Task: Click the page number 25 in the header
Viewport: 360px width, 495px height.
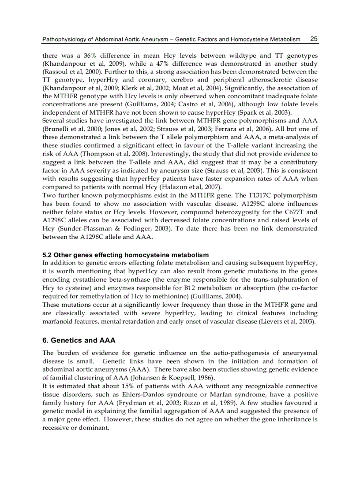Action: [x=314, y=39]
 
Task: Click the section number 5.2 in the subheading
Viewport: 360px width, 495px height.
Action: [x=47, y=255]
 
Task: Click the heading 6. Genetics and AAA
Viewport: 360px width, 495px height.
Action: [x=79, y=340]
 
